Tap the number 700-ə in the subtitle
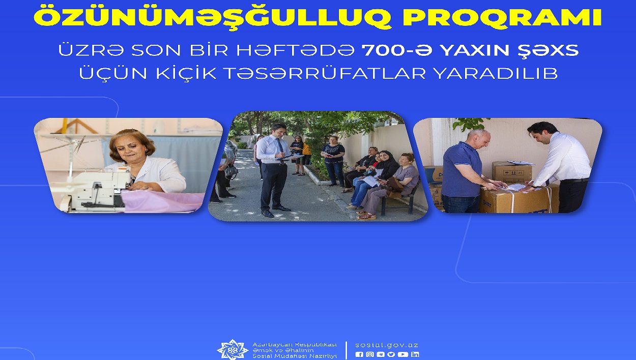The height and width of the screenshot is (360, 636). tap(397, 50)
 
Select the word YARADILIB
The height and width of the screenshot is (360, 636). tap(496, 73)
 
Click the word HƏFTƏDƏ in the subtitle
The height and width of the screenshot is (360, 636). tap(295, 50)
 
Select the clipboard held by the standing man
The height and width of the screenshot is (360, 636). tap(290, 157)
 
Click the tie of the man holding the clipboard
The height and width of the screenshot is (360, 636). tap(280, 148)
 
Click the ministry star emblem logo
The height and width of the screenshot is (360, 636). tap(233, 349)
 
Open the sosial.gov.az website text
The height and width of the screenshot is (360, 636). tap(386, 345)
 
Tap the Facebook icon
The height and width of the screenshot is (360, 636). tap(359, 354)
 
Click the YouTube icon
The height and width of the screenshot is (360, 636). tap(403, 354)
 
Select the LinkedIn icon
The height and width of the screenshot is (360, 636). tap(415, 354)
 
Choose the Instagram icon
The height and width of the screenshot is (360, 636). tap(370, 354)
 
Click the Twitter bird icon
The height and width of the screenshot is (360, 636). tap(391, 354)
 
